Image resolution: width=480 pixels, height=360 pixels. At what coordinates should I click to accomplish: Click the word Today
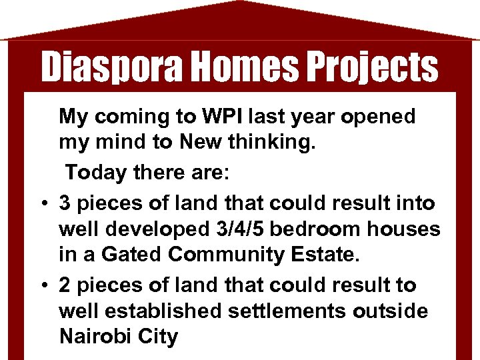(95, 173)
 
